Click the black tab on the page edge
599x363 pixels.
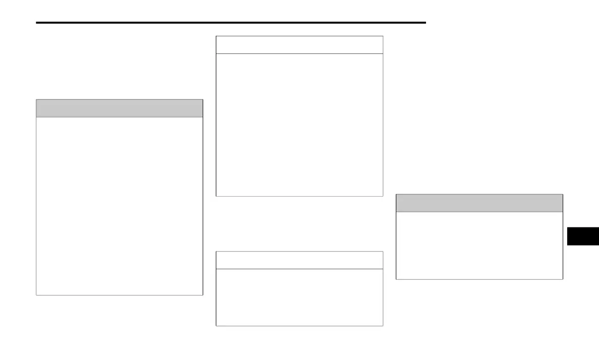click(583, 235)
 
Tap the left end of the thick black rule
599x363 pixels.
click(37, 23)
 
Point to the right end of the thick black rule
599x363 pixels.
click(426, 23)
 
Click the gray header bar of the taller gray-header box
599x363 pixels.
click(119, 108)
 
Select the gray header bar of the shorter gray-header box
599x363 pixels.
click(479, 203)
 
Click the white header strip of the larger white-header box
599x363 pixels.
click(299, 45)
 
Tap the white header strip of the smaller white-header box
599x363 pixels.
click(299, 260)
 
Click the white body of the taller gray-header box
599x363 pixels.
click(119, 206)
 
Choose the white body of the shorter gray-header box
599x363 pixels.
click(479, 245)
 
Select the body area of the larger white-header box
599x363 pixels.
click(299, 125)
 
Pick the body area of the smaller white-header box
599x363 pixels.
click(299, 297)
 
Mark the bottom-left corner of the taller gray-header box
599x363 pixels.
click(36, 295)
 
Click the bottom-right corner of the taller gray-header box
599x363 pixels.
click(203, 295)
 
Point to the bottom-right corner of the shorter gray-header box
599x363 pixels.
click(563, 279)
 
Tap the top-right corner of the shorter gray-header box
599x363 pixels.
click(563, 194)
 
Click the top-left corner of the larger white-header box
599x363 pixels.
click(216, 36)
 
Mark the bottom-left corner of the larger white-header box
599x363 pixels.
click(216, 196)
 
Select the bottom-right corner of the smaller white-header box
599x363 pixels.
click(383, 326)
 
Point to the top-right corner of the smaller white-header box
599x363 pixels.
click(383, 252)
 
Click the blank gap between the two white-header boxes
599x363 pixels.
click(299, 224)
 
